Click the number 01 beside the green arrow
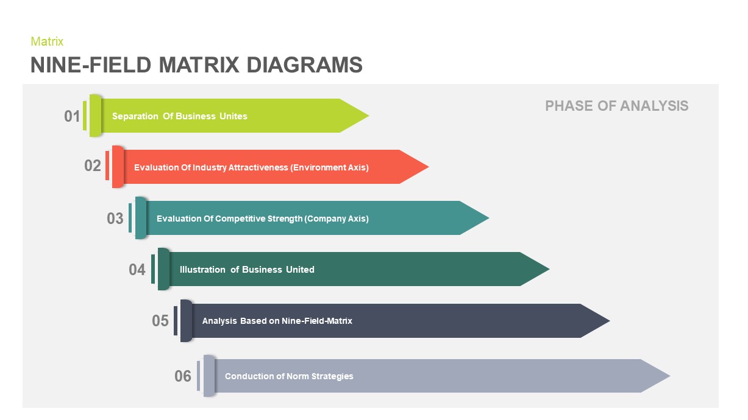click(x=72, y=116)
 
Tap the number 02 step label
click(x=93, y=166)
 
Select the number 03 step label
click(x=115, y=218)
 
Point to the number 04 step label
click(x=137, y=269)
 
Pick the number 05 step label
click(x=160, y=320)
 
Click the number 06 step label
click(x=183, y=376)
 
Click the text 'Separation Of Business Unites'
click(x=180, y=116)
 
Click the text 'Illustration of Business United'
click(x=247, y=270)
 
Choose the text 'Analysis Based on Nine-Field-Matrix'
click(x=277, y=321)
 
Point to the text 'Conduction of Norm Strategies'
click(x=289, y=376)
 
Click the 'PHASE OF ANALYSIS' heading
click(x=616, y=106)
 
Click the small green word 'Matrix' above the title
click(x=47, y=41)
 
